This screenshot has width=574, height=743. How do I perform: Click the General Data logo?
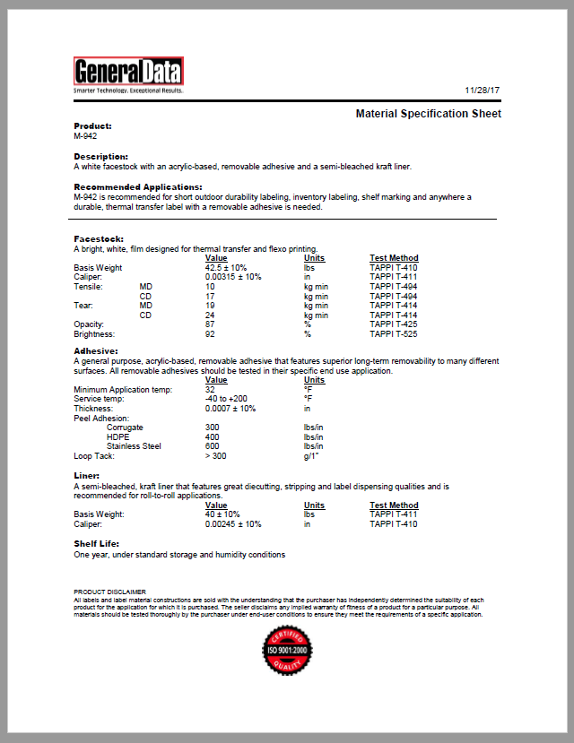pos(128,73)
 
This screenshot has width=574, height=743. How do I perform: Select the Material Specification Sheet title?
pos(428,114)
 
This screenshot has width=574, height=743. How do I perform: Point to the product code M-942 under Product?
pos(85,136)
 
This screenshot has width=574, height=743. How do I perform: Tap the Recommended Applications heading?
pos(131,186)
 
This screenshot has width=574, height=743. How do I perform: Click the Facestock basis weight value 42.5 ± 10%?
pos(227,267)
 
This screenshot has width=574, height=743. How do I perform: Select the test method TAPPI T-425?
pos(394,324)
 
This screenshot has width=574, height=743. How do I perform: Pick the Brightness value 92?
pos(210,333)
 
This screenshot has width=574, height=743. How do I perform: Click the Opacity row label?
pos(89,324)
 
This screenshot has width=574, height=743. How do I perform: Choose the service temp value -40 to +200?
pos(225,399)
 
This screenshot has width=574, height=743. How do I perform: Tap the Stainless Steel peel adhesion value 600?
pos(212,446)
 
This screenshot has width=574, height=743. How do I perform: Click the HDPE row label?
pos(118,436)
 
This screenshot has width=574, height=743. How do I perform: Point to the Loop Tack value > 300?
pos(215,455)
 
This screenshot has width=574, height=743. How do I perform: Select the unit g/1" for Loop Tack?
pos(312,455)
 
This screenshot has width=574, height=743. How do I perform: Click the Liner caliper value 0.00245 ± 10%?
pos(233,523)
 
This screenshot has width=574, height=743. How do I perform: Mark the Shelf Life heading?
pos(96,543)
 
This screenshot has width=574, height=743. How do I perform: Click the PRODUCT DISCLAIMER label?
pos(109,592)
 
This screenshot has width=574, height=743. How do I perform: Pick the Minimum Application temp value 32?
pos(210,389)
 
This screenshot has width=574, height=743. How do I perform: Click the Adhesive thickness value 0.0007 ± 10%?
pos(230,408)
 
